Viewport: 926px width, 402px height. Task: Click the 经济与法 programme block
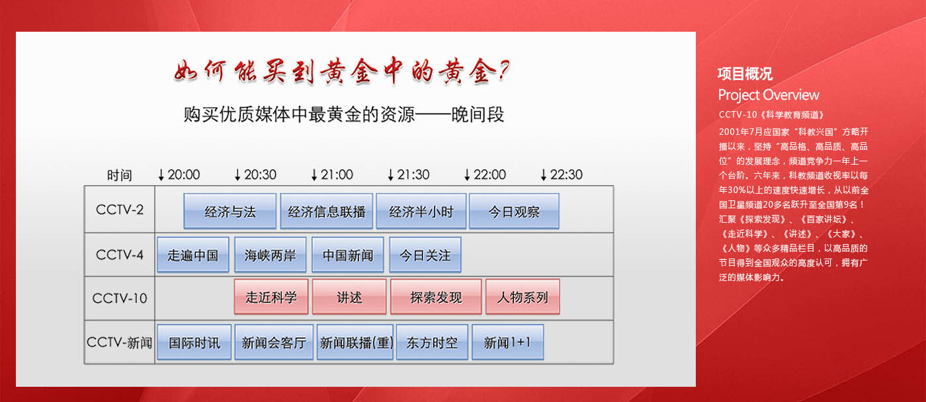pyautogui.click(x=230, y=211)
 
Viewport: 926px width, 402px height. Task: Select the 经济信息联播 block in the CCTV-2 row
pyautogui.click(x=327, y=211)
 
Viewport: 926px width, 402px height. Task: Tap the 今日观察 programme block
pyautogui.click(x=515, y=211)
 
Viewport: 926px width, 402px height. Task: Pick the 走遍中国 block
pyautogui.click(x=193, y=255)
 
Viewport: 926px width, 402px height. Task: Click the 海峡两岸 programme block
pyautogui.click(x=271, y=255)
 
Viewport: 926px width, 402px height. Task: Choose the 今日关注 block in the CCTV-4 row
pyautogui.click(x=425, y=255)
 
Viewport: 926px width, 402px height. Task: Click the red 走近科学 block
pyautogui.click(x=271, y=297)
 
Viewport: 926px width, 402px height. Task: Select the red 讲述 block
pyautogui.click(x=349, y=297)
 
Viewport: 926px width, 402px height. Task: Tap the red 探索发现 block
pyautogui.click(x=436, y=297)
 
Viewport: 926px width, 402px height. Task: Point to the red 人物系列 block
pyautogui.click(x=523, y=297)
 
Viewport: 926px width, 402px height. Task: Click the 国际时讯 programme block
pyautogui.click(x=194, y=342)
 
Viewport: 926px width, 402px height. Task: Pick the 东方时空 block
pyautogui.click(x=433, y=342)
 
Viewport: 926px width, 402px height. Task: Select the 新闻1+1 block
pyautogui.click(x=508, y=342)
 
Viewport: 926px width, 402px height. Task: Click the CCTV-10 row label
pyautogui.click(x=120, y=298)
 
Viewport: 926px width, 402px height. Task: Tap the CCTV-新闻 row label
pyautogui.click(x=120, y=342)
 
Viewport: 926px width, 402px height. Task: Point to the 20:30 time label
pyautogui.click(x=260, y=175)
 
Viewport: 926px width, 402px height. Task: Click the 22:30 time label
pyautogui.click(x=566, y=175)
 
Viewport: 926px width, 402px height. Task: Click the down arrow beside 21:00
pyautogui.click(x=314, y=175)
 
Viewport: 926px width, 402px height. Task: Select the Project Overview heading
pyautogui.click(x=769, y=95)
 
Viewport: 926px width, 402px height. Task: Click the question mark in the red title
pyautogui.click(x=504, y=71)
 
